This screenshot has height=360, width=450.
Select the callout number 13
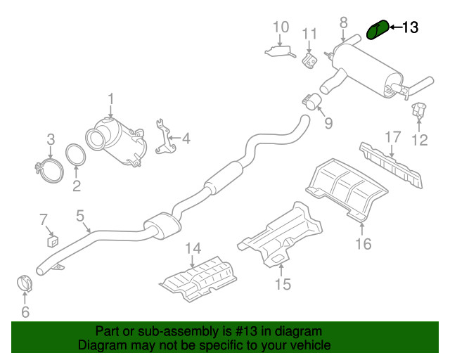[x=409, y=28]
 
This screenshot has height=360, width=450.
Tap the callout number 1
[x=110, y=99]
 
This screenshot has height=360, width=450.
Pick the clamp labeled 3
[x=48, y=167]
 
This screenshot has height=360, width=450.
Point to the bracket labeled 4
[x=165, y=139]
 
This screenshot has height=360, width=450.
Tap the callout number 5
[x=80, y=216]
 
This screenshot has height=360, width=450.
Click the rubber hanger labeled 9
[x=313, y=104]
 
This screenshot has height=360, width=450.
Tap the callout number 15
[x=282, y=284]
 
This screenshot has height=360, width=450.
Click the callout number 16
[x=363, y=244]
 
